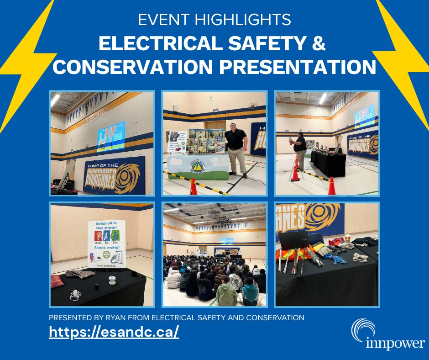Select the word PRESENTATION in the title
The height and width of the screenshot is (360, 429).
(294, 67)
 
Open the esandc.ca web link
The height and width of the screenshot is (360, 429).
(114, 332)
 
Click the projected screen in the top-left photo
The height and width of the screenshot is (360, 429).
(111, 136)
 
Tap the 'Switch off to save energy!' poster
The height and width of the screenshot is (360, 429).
(106, 244)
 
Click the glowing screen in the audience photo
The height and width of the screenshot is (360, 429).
(227, 241)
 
